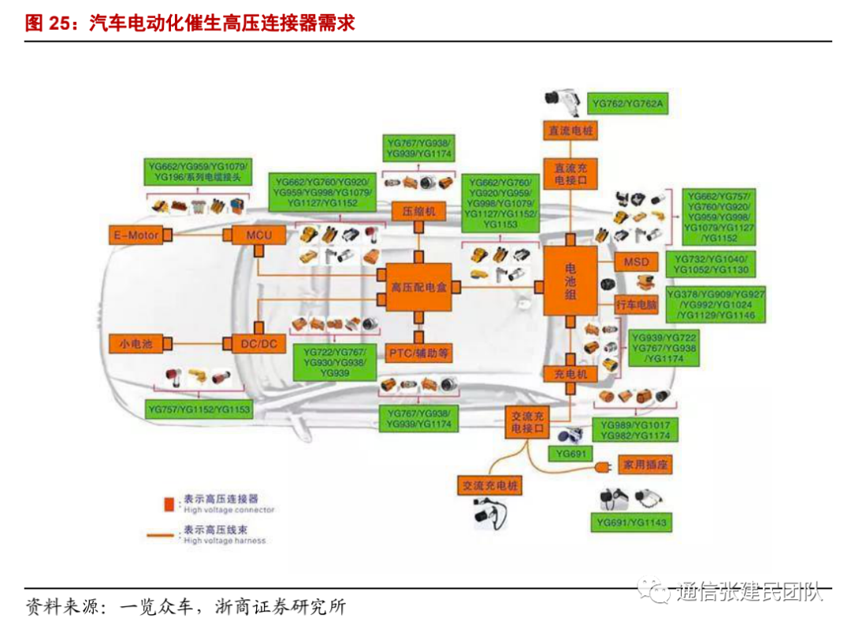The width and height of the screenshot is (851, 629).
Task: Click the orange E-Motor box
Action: (x=136, y=235)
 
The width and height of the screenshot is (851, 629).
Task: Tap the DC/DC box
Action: (x=258, y=343)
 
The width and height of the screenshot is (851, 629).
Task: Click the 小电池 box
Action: (x=136, y=343)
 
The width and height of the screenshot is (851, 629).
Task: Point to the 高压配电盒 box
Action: (x=418, y=288)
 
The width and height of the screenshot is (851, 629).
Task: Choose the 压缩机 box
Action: (x=418, y=212)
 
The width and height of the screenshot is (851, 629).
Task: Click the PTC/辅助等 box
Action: (x=419, y=353)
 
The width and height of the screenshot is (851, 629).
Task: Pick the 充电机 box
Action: (x=570, y=375)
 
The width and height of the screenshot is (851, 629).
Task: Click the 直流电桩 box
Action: (x=570, y=131)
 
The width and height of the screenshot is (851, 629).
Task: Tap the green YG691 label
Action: (x=570, y=454)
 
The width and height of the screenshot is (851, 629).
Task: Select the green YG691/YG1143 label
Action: (x=632, y=522)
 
